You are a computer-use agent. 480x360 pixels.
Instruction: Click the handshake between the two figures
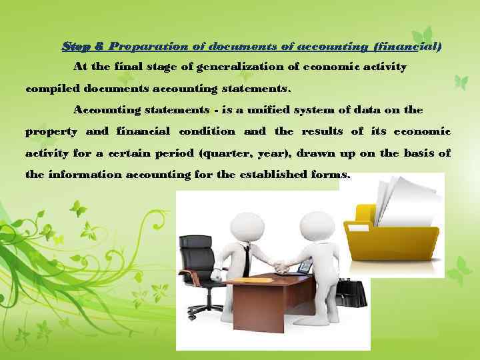pyautogui.click(x=279, y=267)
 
